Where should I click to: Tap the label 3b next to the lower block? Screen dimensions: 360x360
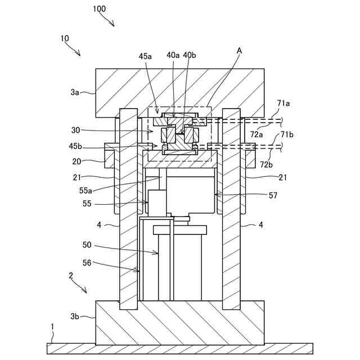point(76,317)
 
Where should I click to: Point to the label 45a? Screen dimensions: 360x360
point(145,56)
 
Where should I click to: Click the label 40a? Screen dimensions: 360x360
point(173,55)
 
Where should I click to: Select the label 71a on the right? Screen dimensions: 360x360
point(283,103)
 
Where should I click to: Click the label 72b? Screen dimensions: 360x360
point(267,164)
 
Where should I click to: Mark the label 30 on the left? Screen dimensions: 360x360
point(76,130)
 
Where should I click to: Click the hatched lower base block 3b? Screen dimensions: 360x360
point(179,323)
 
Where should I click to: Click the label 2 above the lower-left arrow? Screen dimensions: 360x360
point(71,276)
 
